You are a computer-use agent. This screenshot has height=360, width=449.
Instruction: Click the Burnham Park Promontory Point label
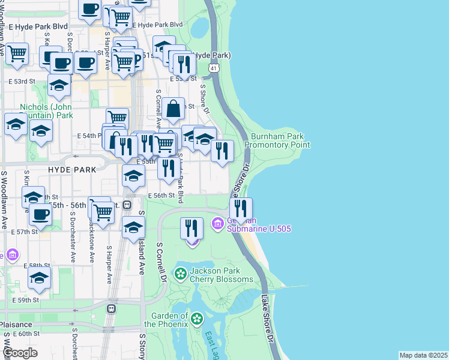pos(280,140)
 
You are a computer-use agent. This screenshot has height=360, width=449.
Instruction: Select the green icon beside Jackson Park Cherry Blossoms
pos(180,274)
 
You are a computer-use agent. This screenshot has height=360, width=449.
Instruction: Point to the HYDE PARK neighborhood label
pos(71,170)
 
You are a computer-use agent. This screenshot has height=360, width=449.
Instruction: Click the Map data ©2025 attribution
pos(423,355)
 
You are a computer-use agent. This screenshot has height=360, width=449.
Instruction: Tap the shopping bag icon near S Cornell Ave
pos(173,109)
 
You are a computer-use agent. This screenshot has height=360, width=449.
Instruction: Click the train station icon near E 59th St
pos(110,309)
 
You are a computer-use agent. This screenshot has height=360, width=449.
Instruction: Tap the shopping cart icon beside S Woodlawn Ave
pos(17,53)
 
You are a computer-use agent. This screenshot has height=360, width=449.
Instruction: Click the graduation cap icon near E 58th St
pos(39,278)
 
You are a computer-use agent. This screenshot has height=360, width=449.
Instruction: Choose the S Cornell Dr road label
pos(161,263)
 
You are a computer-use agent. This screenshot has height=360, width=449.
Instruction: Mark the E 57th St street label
pos(27,232)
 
